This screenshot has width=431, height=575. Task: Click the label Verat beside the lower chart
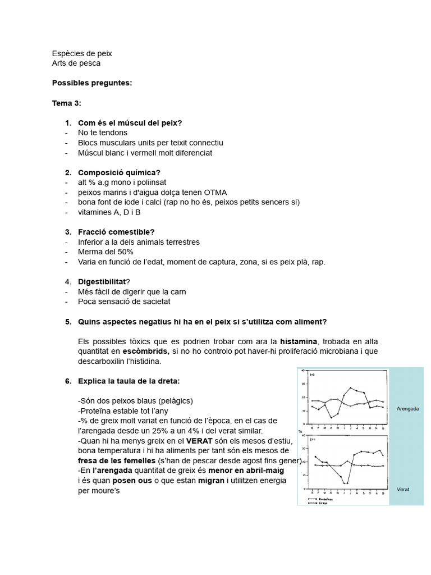403,489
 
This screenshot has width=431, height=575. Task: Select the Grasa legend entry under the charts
323,503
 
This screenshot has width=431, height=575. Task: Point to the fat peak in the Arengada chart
351,387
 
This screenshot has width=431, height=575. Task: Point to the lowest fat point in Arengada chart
332,417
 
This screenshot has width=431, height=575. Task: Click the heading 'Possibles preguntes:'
92,83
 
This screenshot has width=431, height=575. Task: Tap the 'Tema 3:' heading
67,103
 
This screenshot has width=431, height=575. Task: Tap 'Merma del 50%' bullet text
106,252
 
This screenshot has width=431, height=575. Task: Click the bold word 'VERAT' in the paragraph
198,440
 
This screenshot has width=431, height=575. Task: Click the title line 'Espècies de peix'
82,53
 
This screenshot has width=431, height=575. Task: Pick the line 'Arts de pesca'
76,63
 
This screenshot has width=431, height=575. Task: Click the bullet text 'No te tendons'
103,133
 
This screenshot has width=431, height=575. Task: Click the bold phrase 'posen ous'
132,481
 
